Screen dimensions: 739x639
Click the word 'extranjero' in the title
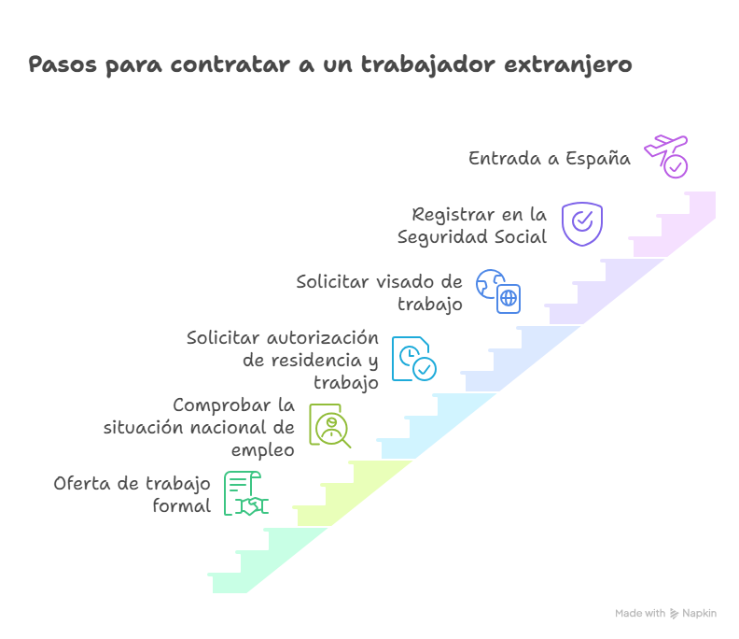[x=568, y=64]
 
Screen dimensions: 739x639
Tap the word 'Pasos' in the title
[x=63, y=64]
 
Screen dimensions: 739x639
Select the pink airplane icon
[x=666, y=156]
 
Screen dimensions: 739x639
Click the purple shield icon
[x=582, y=223]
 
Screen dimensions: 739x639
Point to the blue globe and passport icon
[x=498, y=291]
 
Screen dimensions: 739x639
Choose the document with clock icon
[x=413, y=359]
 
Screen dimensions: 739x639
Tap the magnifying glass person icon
[x=330, y=426]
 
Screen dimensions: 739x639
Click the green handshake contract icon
[x=246, y=493]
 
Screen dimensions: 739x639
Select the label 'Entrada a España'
[x=550, y=158]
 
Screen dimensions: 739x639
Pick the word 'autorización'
[x=323, y=338]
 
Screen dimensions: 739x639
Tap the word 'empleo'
[x=262, y=450]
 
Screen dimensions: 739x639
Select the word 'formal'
[x=181, y=506]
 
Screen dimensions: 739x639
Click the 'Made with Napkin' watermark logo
[x=665, y=613]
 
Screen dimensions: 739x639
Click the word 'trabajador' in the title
[x=428, y=64]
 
